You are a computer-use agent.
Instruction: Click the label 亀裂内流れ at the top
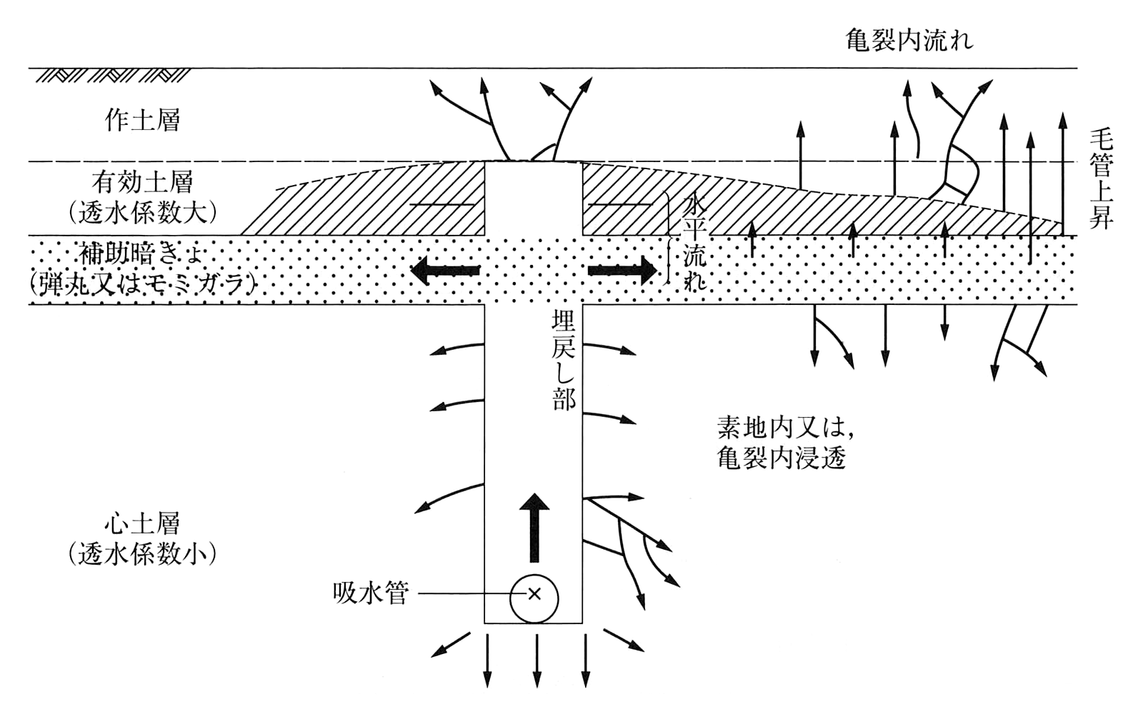point(909,40)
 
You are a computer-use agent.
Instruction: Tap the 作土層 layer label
point(142,120)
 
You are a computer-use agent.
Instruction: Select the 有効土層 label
point(142,183)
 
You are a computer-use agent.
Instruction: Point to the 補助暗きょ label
point(142,253)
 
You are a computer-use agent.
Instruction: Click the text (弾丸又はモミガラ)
point(142,284)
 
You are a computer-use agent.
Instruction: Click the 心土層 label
point(142,523)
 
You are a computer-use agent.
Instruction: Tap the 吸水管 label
point(370,593)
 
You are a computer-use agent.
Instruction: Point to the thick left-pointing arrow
point(444,271)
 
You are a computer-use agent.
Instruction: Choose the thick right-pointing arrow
point(622,271)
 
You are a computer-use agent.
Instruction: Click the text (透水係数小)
point(142,554)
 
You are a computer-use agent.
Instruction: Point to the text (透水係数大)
point(142,213)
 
